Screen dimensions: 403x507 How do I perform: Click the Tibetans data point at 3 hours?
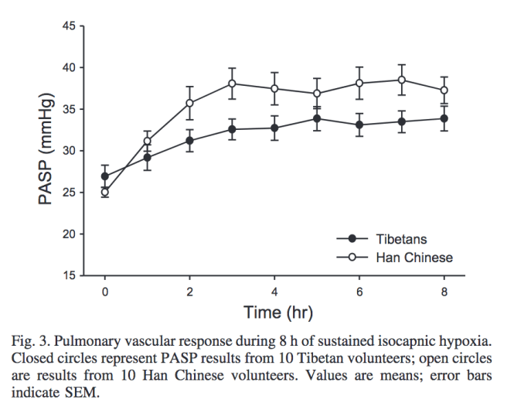coord(232,129)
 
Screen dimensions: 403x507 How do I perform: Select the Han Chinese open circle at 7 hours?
coord(402,80)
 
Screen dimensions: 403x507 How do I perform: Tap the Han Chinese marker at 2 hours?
coord(189,103)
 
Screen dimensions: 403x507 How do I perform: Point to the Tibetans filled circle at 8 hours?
coord(444,118)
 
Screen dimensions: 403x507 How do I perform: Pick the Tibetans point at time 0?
coord(105,176)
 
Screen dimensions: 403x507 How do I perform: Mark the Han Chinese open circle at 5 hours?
coord(317,94)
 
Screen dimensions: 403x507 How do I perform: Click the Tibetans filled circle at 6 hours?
coord(359,125)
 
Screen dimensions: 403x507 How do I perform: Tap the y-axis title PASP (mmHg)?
coord(47,151)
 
